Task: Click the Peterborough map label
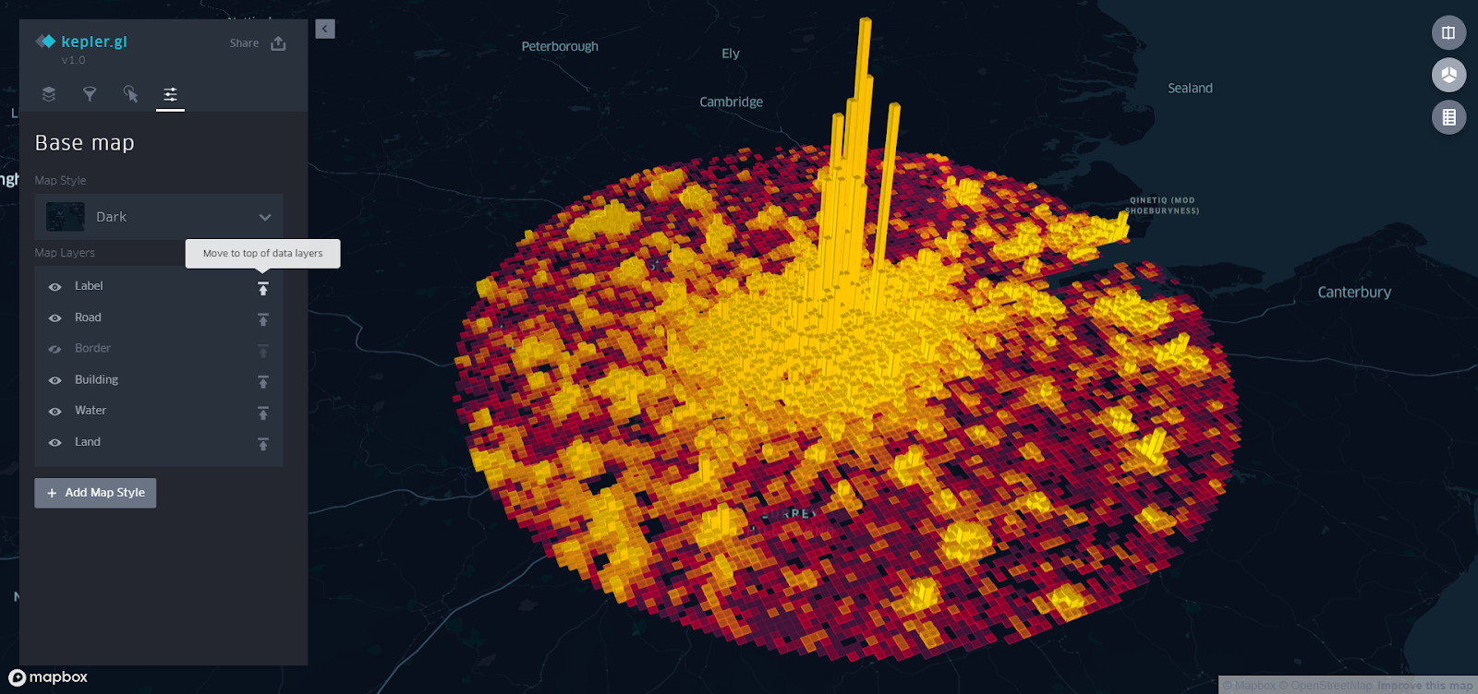tap(560, 46)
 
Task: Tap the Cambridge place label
tap(731, 102)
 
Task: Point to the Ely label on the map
tap(731, 54)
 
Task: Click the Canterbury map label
tap(1353, 293)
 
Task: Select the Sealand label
tap(1190, 89)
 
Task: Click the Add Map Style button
tap(95, 493)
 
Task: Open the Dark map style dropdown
tap(159, 217)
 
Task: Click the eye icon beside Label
tap(55, 287)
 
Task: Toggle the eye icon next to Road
tap(55, 318)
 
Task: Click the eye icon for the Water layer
tap(55, 412)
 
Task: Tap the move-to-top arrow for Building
tap(263, 381)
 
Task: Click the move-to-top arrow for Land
tap(263, 444)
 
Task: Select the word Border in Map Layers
tap(92, 348)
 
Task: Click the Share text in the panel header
tap(244, 43)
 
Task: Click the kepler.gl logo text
tap(93, 42)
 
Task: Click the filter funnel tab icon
tap(90, 94)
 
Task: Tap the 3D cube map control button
tap(1448, 75)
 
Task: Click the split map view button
tap(1448, 33)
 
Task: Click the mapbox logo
tap(48, 677)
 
